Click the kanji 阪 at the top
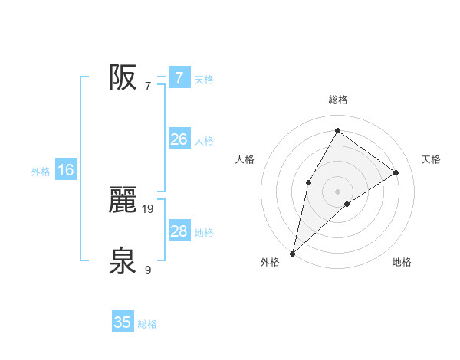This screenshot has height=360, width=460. point(123,77)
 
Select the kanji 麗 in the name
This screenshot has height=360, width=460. point(123,200)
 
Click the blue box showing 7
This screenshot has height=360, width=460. point(179,77)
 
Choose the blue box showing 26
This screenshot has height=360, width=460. point(179,139)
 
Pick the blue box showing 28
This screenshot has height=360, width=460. point(179,231)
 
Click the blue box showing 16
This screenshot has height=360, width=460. point(66,170)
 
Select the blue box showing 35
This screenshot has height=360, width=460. point(123,322)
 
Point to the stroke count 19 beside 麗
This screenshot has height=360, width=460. point(149,208)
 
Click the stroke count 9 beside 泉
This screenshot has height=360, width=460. point(148,270)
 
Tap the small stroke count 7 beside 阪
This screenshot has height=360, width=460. point(148,86)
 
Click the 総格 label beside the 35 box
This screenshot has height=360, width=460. point(147,324)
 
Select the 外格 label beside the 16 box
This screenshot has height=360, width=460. point(41,172)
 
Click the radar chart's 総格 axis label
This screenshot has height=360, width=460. point(337,100)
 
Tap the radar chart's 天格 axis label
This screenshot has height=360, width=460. point(431,159)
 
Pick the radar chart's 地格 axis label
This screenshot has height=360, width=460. point(402,262)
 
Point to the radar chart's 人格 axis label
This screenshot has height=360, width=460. point(245,159)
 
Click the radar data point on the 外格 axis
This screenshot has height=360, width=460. point(293,253)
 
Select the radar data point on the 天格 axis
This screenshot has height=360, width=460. point(396,172)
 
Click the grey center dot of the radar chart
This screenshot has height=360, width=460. point(337,191)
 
